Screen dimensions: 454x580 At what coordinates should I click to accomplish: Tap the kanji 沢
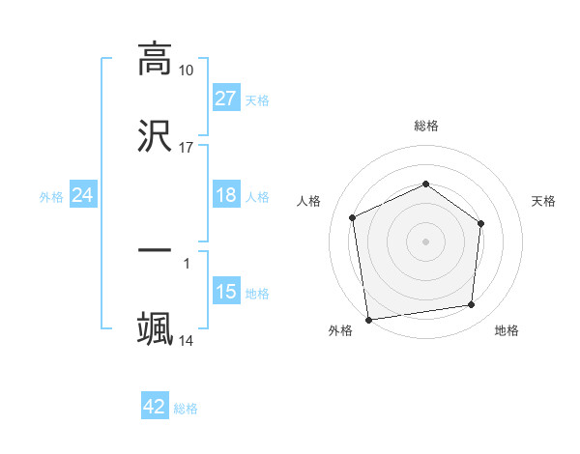155,136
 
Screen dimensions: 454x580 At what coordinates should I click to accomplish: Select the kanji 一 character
155,250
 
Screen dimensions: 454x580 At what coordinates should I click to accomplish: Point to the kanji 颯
155,329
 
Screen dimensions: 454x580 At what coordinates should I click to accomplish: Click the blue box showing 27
226,99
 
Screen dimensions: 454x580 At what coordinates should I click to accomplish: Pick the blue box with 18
226,196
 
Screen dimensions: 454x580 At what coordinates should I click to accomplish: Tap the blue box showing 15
226,292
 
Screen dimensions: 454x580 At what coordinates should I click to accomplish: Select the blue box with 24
83,196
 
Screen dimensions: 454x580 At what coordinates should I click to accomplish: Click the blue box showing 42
155,407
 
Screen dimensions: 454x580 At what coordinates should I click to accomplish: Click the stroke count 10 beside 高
186,71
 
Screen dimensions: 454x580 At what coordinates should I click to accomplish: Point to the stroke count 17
186,148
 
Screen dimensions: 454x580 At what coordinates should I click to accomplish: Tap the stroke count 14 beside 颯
186,341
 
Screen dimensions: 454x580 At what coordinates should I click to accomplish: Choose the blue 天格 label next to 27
257,99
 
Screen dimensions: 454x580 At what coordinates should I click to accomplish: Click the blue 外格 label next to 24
51,197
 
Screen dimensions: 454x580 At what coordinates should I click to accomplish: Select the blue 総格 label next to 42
186,408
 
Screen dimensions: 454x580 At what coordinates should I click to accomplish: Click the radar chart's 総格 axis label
426,126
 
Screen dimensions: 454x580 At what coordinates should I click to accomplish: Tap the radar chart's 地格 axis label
507,330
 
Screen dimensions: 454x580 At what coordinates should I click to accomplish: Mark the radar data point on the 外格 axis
368,319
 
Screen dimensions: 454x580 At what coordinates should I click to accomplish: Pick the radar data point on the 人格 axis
353,217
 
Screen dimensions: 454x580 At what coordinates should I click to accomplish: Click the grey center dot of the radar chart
426,241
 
